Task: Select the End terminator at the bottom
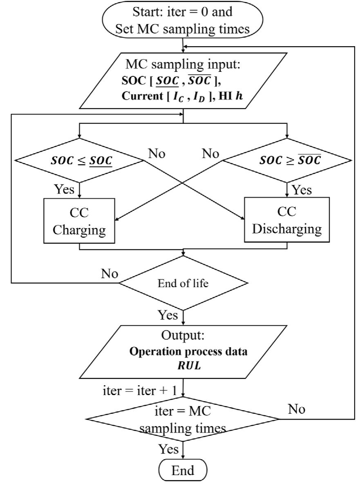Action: pyautogui.click(x=183, y=471)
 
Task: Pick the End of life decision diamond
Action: pyautogui.click(x=183, y=284)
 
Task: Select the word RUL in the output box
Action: pyautogui.click(x=188, y=363)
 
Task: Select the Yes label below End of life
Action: pyautogui.click(x=168, y=315)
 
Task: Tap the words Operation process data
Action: pyautogui.click(x=188, y=352)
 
